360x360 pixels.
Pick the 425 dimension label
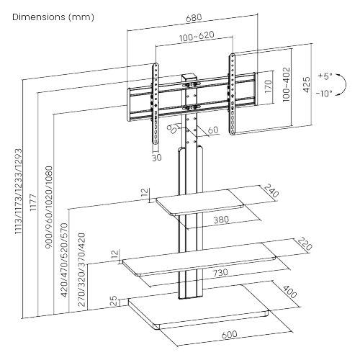(307, 84)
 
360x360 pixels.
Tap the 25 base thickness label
(113, 300)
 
